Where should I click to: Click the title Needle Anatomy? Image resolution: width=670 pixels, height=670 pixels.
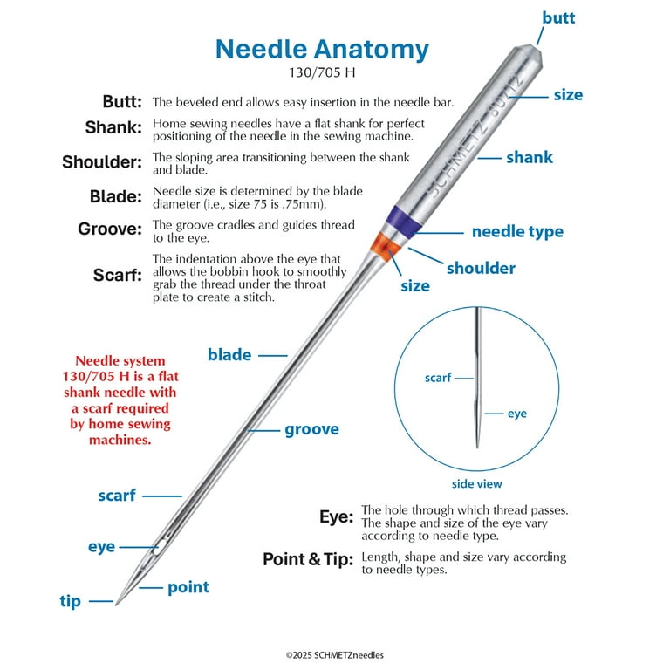(x=322, y=48)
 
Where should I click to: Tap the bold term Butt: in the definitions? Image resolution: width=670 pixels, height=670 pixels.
(x=122, y=101)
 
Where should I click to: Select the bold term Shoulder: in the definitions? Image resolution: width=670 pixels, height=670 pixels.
(x=102, y=161)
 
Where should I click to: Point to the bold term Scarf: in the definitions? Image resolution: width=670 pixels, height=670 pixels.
(x=118, y=275)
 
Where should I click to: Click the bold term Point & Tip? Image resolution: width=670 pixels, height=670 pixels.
(x=307, y=559)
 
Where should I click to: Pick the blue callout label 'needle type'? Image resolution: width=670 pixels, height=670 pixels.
(x=517, y=231)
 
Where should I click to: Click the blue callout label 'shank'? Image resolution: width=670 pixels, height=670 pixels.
(x=530, y=158)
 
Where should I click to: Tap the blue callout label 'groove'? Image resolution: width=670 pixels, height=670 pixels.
(x=311, y=429)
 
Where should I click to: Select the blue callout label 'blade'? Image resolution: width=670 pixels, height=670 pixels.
(x=229, y=354)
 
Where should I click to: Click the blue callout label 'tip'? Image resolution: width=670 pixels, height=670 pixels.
(x=71, y=601)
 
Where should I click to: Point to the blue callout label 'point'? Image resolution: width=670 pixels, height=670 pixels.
(x=188, y=587)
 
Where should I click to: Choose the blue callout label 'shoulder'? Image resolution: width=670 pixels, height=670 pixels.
(x=481, y=268)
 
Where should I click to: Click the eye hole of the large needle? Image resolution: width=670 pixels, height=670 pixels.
(x=158, y=550)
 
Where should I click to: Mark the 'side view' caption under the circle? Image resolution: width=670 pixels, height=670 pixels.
(x=476, y=483)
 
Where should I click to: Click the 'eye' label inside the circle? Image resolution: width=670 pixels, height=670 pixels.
(x=517, y=413)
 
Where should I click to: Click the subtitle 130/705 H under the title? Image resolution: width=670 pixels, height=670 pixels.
(x=322, y=73)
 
